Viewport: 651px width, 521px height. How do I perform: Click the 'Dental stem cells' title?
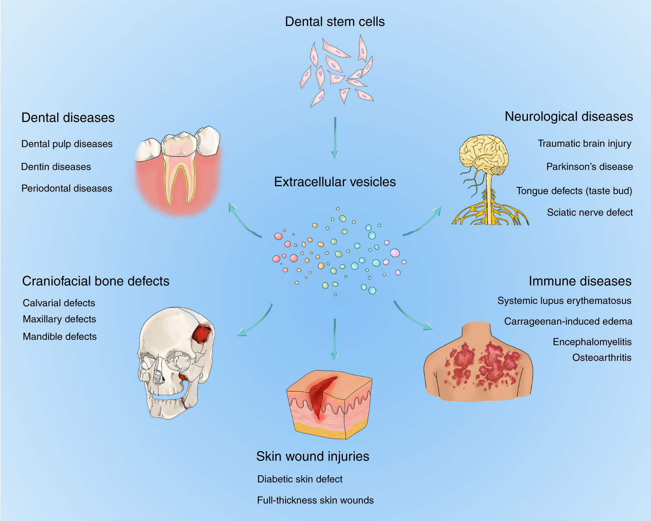click(335, 22)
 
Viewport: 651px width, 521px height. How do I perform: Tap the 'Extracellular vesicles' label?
click(335, 182)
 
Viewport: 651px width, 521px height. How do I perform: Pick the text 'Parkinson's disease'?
click(589, 167)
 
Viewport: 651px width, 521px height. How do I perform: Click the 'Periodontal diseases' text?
click(67, 189)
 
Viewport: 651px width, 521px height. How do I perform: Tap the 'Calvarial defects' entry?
click(59, 303)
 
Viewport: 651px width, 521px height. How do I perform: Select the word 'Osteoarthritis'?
click(602, 358)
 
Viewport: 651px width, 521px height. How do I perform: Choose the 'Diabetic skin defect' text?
click(300, 479)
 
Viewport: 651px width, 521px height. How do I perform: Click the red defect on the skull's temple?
click(202, 334)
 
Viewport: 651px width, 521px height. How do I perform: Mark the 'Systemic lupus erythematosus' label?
click(564, 301)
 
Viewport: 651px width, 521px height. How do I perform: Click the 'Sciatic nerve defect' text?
click(590, 213)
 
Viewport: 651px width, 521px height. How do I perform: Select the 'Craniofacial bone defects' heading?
click(96, 281)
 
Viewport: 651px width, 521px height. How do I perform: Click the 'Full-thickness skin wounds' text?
click(315, 500)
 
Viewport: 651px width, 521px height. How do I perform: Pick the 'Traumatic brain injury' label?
click(584, 144)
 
